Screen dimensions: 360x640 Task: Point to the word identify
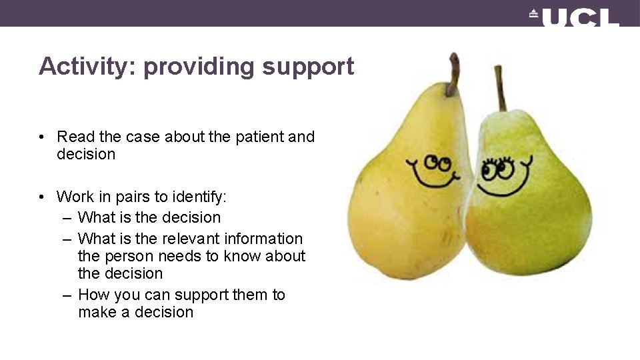pos(199,197)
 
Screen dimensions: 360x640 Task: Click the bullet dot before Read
pos(41,137)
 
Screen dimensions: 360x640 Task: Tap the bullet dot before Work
pos(41,197)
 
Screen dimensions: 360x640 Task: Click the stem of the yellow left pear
pos(454,73)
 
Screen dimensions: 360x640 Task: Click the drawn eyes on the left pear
pos(438,162)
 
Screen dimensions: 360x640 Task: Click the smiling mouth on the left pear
pos(433,179)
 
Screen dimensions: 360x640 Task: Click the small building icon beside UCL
pos(533,13)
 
